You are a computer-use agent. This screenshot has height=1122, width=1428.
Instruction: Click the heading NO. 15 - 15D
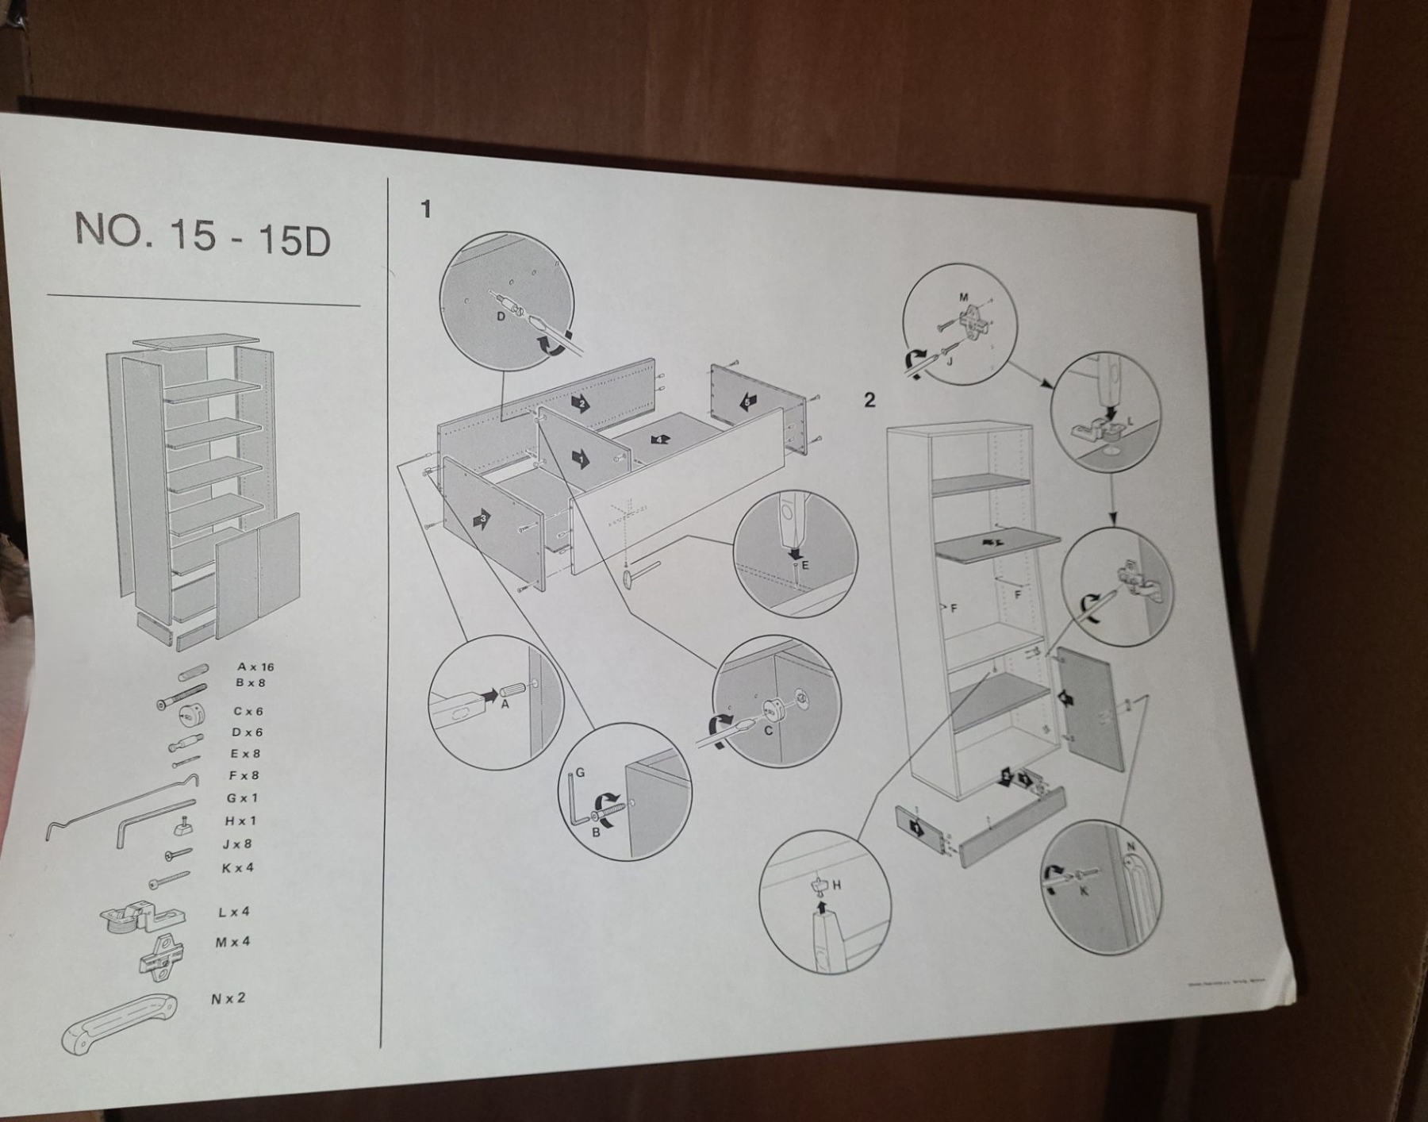202,235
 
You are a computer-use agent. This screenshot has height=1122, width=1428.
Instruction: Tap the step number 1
426,209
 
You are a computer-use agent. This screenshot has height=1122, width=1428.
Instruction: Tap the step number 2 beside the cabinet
869,400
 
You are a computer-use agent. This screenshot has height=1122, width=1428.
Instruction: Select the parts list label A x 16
255,667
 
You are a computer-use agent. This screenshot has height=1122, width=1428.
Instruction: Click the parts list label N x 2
228,998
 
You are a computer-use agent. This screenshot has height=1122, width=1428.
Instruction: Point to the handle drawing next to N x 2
119,1024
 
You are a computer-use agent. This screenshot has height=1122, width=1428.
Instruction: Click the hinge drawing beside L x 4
143,916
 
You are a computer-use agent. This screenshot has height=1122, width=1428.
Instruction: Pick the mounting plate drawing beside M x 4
163,955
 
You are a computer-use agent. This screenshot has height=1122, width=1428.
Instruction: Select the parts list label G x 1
242,798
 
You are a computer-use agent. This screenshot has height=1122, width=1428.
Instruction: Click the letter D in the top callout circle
501,316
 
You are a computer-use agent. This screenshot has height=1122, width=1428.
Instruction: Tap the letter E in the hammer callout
804,565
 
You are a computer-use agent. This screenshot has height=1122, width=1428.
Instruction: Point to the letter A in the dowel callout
505,703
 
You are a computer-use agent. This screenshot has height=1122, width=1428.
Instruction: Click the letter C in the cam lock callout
768,731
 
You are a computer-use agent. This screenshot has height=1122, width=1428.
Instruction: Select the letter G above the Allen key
580,772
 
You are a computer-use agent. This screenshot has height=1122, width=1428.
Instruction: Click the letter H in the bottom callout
836,885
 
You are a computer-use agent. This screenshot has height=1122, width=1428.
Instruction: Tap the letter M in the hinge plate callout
964,298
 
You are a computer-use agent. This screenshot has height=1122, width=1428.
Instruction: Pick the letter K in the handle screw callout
1084,890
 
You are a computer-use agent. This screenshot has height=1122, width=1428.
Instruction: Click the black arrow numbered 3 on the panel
482,519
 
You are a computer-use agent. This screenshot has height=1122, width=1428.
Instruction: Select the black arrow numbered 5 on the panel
747,402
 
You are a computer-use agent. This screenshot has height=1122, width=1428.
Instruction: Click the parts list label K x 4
238,868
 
